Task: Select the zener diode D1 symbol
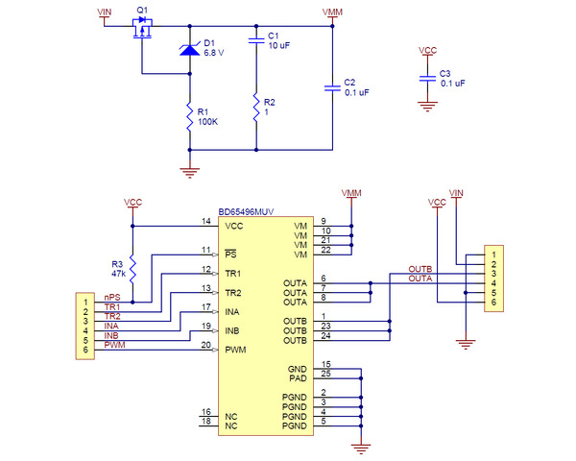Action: pyautogui.click(x=189, y=49)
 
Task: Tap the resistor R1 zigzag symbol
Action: pyautogui.click(x=189, y=117)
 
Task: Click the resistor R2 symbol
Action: pyautogui.click(x=257, y=108)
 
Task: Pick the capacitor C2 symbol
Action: pyautogui.click(x=332, y=87)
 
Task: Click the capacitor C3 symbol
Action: pyautogui.click(x=428, y=78)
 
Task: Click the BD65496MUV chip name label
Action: pyautogui.click(x=249, y=211)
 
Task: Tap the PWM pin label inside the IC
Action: pyautogui.click(x=234, y=351)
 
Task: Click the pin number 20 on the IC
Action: pyautogui.click(x=205, y=346)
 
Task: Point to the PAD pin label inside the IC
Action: pyautogui.click(x=298, y=377)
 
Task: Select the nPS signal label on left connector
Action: pyautogui.click(x=113, y=298)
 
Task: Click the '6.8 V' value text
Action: pyautogui.click(x=214, y=53)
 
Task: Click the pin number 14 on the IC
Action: pyautogui.click(x=205, y=221)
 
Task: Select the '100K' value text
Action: pyautogui.click(x=208, y=122)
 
